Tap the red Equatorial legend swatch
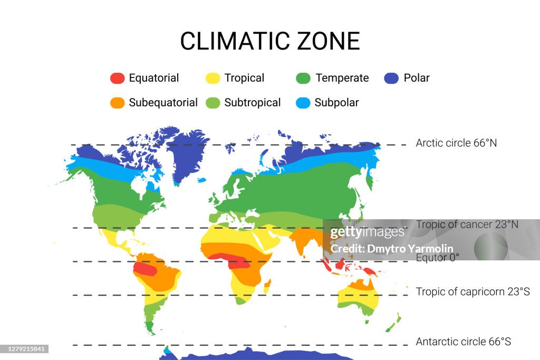(117, 78)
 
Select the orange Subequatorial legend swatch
(117, 103)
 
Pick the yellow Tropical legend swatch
(213, 78)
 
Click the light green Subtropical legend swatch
(213, 103)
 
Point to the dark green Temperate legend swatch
(303, 78)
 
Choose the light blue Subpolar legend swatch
(303, 103)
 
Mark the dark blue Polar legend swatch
(391, 78)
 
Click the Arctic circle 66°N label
(456, 143)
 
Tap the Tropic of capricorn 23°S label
(472, 291)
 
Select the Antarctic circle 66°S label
(463, 342)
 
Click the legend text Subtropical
(253, 103)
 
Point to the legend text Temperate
(342, 78)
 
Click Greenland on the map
(187, 153)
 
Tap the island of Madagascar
(267, 286)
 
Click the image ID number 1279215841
(25, 349)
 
